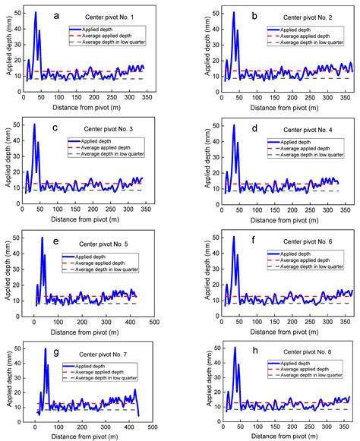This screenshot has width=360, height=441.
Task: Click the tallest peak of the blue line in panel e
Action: [x=43, y=238]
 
